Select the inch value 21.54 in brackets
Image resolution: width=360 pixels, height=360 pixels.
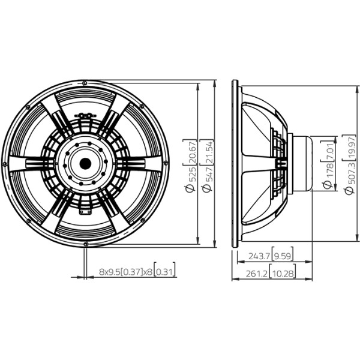point(209,152)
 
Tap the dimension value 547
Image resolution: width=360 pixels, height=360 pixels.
point(209,174)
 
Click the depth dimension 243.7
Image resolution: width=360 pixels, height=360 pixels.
point(258,256)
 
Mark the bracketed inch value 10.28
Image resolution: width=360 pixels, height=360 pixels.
point(283,274)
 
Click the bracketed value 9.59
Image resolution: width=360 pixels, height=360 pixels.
point(283,256)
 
